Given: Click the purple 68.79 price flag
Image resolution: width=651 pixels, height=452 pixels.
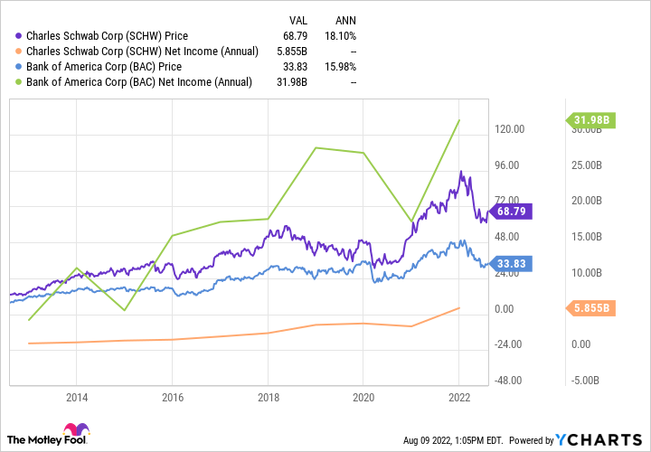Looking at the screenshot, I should coord(514,211).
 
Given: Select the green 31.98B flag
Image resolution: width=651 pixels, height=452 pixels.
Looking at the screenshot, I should coord(592,120).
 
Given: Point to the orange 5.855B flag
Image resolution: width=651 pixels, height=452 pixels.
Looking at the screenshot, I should coord(592,307).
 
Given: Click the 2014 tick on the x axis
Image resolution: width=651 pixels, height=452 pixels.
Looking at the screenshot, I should coord(77,396).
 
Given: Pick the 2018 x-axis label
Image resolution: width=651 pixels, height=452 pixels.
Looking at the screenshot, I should coord(268,396).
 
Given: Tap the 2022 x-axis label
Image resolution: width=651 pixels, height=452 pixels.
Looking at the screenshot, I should coord(459,396).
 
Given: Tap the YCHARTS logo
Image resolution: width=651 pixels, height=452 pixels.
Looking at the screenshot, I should coord(601,440).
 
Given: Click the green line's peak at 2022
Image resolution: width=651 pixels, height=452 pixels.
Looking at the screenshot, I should coord(459,120).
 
